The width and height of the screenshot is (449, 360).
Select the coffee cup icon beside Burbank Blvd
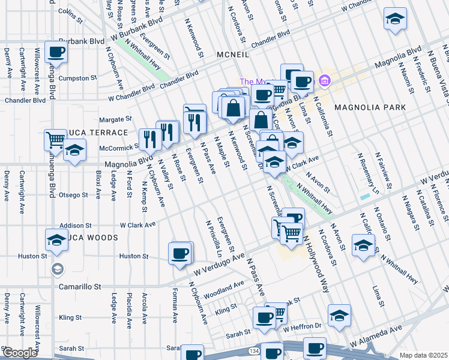tap(56, 52)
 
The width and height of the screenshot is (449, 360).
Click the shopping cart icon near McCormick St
tap(55, 140)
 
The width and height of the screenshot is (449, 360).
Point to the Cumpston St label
tap(78, 78)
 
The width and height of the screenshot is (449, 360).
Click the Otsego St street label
tap(74, 194)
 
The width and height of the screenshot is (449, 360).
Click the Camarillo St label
tap(79, 287)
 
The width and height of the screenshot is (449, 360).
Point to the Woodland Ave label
tap(224, 290)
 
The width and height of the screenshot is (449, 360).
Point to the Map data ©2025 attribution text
tap(423, 355)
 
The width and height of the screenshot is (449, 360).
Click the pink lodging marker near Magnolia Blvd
tap(325, 80)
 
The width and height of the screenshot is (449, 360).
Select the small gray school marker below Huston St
tap(57, 268)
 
